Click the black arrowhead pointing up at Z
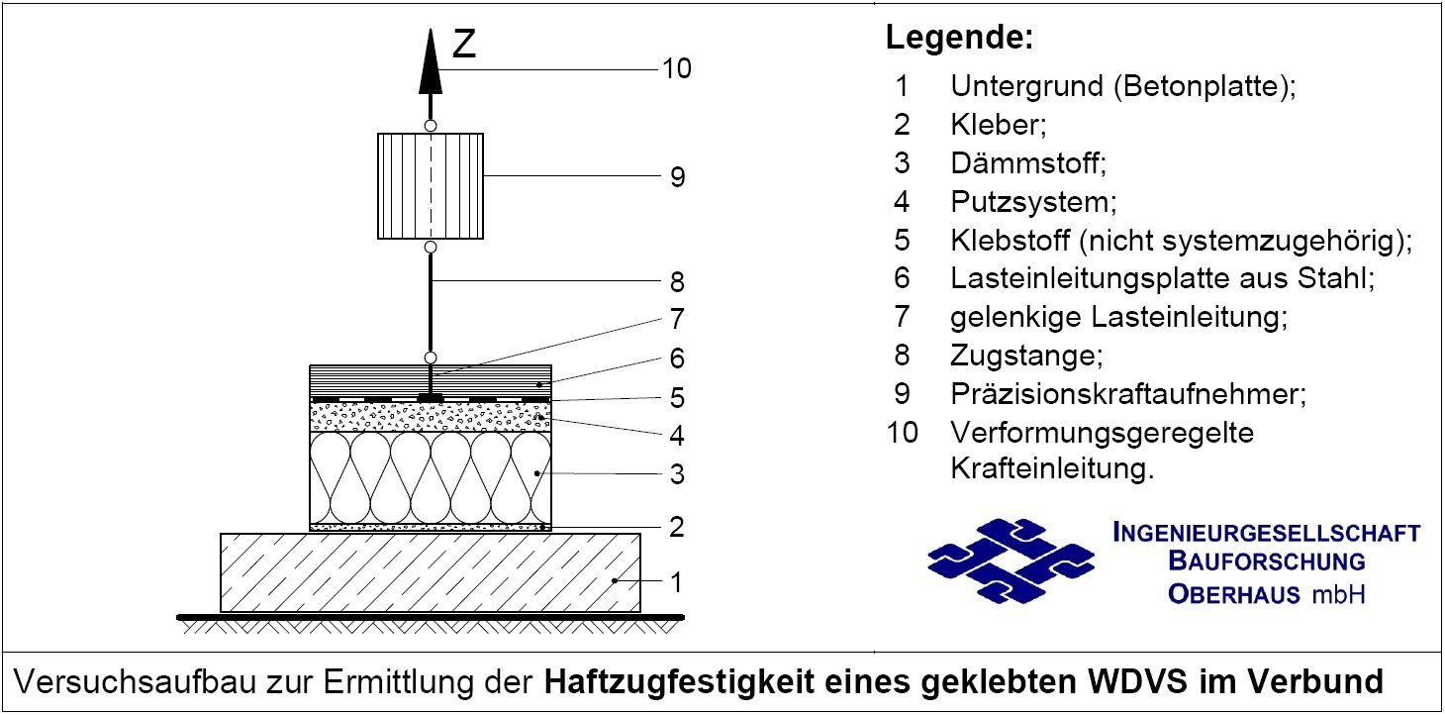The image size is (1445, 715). pos(431,61)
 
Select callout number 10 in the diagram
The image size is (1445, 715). pos(677,69)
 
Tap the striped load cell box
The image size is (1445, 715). pos(431,186)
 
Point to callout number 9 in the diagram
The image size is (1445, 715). pos(677,177)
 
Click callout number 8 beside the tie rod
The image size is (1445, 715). pos(677,282)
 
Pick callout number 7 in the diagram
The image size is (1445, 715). pos(677,319)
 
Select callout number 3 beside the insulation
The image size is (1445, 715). pos(677,474)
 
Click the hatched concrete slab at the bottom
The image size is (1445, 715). pos(431,572)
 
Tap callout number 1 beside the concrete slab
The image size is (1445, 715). pos(677,581)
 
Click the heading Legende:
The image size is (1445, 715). pos(959,40)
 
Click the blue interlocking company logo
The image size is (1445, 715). pos(1011,562)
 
